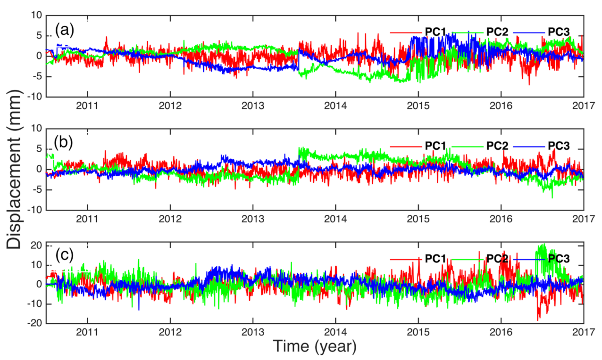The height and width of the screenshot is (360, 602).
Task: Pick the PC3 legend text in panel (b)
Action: click(x=558, y=146)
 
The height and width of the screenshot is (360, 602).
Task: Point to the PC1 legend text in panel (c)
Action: click(x=435, y=259)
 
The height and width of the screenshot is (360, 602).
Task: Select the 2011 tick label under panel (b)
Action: click(x=87, y=219)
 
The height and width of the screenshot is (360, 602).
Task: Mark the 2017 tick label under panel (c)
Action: click(x=583, y=332)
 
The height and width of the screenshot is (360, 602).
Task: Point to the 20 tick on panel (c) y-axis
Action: click(x=36, y=245)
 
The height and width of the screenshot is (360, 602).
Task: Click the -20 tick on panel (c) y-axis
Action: click(x=34, y=323)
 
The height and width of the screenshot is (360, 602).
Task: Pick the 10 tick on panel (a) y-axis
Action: click(x=36, y=16)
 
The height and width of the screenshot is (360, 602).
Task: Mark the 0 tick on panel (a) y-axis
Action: click(x=39, y=56)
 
